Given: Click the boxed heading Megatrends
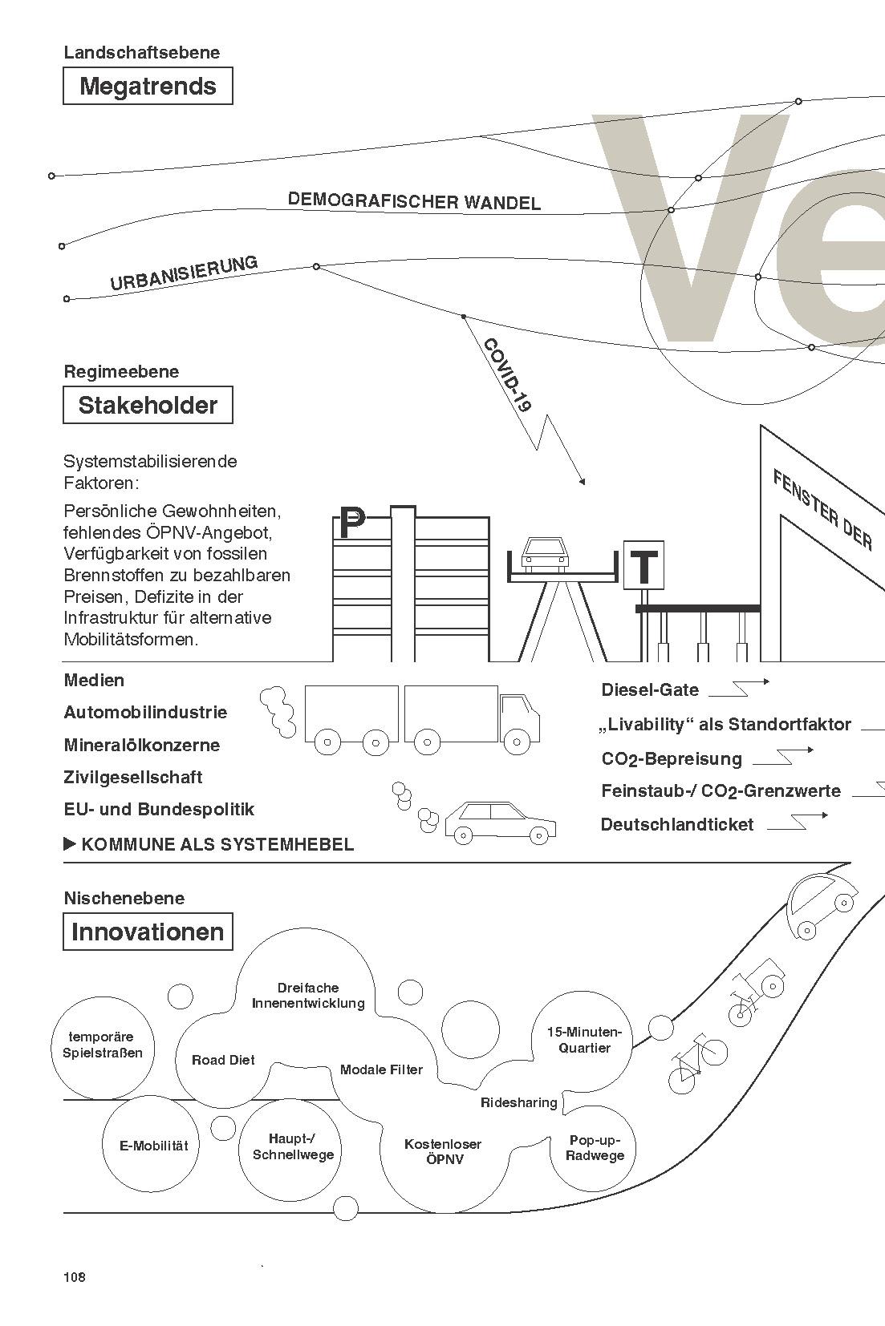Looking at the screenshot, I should pyautogui.click(x=148, y=87).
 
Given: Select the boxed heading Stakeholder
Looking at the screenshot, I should pyautogui.click(x=148, y=405).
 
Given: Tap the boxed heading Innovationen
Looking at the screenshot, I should pyautogui.click(x=148, y=932).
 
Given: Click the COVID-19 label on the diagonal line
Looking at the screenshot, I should pyautogui.click(x=507, y=374).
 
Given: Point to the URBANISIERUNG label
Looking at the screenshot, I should pyautogui.click(x=184, y=273).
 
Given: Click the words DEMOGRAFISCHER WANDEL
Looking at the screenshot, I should pyautogui.click(x=414, y=200).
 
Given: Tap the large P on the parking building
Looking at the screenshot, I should pyautogui.click(x=351, y=524).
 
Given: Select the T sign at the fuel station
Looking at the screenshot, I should pyautogui.click(x=643, y=566).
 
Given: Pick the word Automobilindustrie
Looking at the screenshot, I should pyautogui.click(x=145, y=713).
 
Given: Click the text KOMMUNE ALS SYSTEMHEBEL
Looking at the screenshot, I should pyautogui.click(x=217, y=844).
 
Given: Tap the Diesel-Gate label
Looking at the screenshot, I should pyautogui.click(x=650, y=690).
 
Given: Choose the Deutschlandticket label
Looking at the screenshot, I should pyautogui.click(x=677, y=825).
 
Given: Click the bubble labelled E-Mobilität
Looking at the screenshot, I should pyautogui.click(x=153, y=1146).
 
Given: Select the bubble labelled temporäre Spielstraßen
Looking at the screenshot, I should pyautogui.click(x=102, y=1045).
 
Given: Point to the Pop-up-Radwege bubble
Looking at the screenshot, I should pyautogui.click(x=595, y=1148).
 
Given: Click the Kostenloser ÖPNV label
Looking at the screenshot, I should pyautogui.click(x=442, y=1151).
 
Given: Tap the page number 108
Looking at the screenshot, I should pyautogui.click(x=74, y=1277).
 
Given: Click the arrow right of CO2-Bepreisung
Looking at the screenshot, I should pyautogui.click(x=783, y=755).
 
